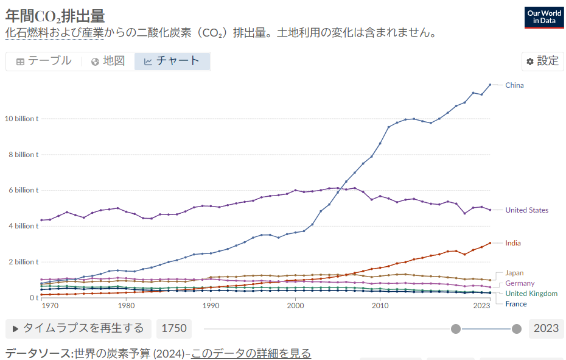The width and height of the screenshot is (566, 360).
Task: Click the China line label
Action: (514, 85)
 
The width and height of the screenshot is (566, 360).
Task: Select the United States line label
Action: (526, 210)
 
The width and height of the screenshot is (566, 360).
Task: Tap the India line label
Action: (512, 243)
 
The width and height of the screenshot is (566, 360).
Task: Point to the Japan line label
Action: (514, 273)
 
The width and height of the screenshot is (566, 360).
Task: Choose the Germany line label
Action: (520, 283)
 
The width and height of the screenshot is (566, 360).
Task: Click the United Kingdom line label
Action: (531, 294)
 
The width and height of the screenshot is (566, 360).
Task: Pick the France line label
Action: (515, 304)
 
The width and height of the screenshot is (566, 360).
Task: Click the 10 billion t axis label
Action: (21, 119)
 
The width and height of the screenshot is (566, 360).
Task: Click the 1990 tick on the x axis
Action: (211, 305)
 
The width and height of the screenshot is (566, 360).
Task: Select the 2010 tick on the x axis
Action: (380, 305)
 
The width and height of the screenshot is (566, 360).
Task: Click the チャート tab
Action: (172, 61)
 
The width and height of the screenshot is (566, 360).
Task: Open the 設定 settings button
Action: (542, 61)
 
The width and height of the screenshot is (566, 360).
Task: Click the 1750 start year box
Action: (173, 328)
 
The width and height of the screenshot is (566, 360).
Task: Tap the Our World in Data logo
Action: (544, 16)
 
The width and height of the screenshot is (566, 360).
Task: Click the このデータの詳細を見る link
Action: (251, 353)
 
